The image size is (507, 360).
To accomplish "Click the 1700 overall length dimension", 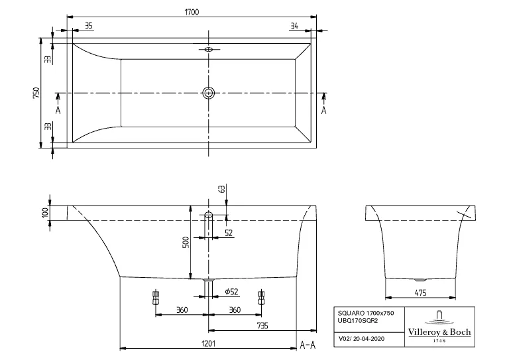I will (x=192, y=11).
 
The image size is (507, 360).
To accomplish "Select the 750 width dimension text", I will (x=37, y=92).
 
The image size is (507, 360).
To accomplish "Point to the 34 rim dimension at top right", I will (x=294, y=26).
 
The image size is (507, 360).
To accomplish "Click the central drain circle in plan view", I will (x=209, y=93).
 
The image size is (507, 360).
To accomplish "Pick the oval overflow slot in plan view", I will (x=209, y=49).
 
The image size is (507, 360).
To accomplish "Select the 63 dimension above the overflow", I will (x=222, y=189).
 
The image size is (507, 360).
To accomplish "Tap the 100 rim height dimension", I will (x=45, y=212).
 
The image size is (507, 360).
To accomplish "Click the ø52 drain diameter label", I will (x=231, y=291).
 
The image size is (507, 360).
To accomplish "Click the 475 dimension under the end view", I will (x=421, y=292).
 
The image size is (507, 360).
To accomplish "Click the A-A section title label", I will (x=307, y=345).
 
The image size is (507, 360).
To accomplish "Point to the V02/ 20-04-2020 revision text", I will (x=361, y=338).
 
